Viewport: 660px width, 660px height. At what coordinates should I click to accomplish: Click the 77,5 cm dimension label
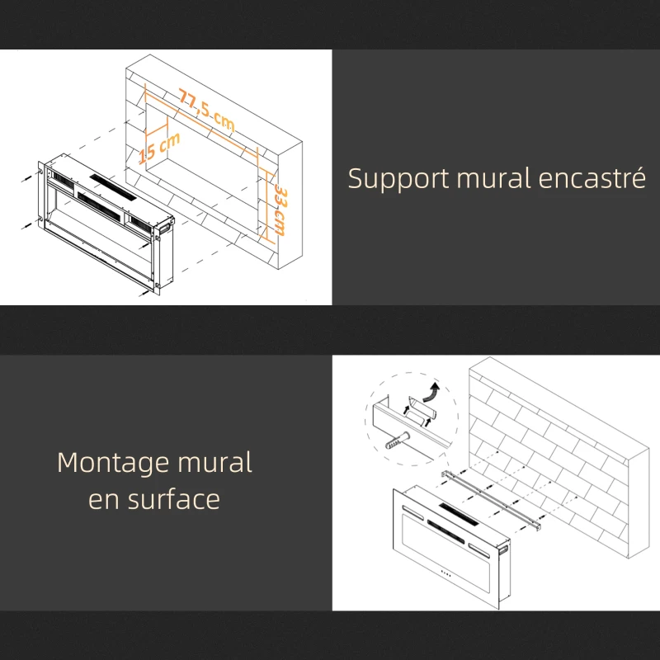pyautogui.click(x=205, y=110)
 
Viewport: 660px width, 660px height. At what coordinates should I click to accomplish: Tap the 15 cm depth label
pyautogui.click(x=159, y=148)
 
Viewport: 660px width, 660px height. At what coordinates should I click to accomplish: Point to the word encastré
pyautogui.click(x=592, y=177)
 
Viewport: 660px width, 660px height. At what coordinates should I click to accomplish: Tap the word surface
pyautogui.click(x=174, y=499)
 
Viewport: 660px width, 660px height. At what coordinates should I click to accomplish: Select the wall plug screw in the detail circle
pyautogui.click(x=397, y=441)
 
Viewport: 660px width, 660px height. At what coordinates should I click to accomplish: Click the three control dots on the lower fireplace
pyautogui.click(x=445, y=573)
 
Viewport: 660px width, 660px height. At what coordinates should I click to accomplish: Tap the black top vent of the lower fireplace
pyautogui.click(x=459, y=514)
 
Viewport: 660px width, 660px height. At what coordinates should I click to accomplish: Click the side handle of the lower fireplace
pyautogui.click(x=503, y=549)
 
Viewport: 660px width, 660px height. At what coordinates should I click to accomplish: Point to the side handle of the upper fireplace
pyautogui.click(x=165, y=224)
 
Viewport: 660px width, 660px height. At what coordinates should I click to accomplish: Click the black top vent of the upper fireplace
pyautogui.click(x=113, y=187)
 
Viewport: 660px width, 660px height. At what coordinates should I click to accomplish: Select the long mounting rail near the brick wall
pyautogui.click(x=491, y=500)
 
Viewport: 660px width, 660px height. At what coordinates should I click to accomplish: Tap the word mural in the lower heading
pyautogui.click(x=214, y=462)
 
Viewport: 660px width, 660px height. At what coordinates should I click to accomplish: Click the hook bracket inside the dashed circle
pyautogui.click(x=421, y=410)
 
